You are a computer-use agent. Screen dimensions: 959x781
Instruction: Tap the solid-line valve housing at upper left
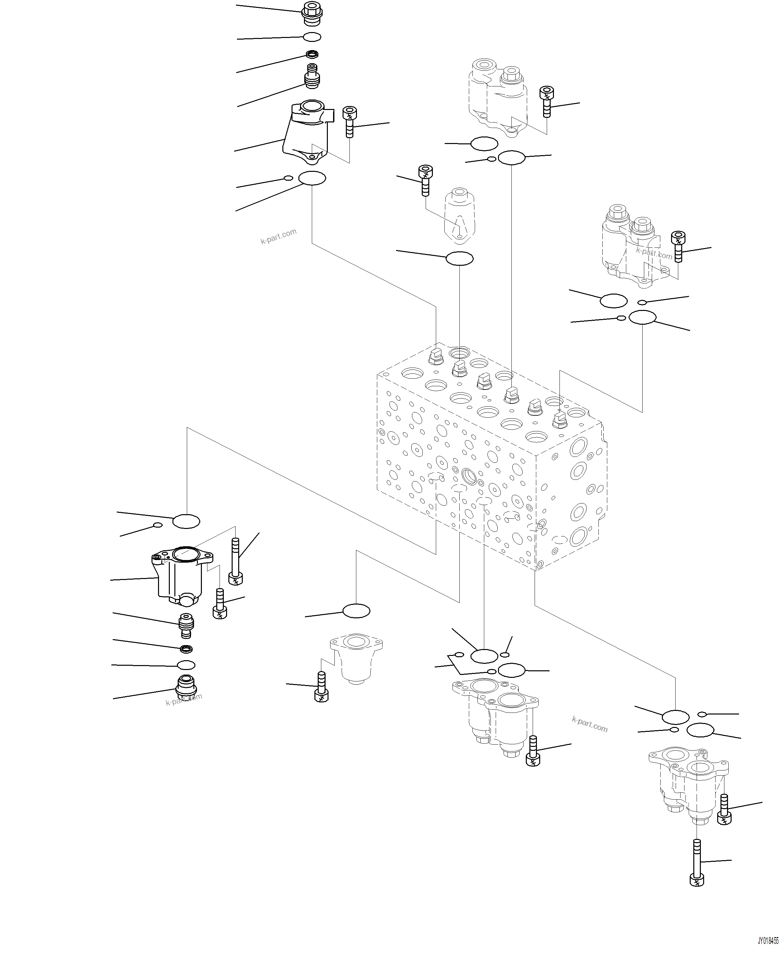coord(307,133)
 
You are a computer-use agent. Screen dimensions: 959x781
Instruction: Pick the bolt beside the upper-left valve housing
coord(349,121)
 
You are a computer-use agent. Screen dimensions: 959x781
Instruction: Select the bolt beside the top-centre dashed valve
coord(547,101)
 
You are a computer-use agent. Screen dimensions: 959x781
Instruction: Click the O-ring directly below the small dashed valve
coord(459,259)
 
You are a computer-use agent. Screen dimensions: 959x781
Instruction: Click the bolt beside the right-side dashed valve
coord(678,246)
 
